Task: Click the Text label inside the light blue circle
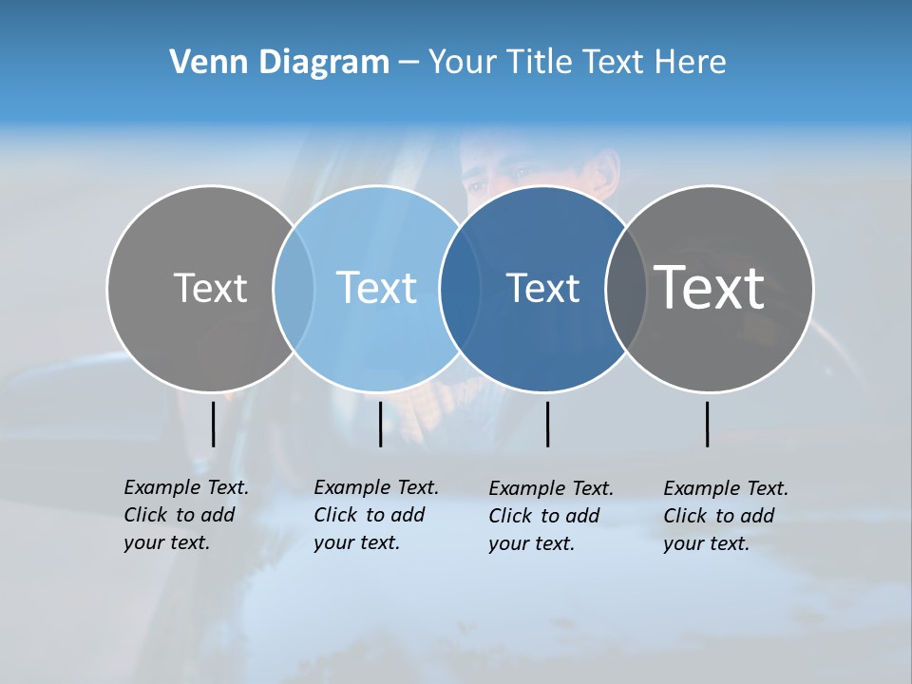[x=377, y=288]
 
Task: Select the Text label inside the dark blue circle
[x=542, y=288]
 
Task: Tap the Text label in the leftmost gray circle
[x=210, y=288]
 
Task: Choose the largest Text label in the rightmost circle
[x=710, y=288]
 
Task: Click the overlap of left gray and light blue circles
[x=294, y=288]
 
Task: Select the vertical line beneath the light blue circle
[x=380, y=424]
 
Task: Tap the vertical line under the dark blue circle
[x=547, y=424]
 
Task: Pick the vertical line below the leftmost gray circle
[x=213, y=424]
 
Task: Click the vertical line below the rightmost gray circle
[x=707, y=424]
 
